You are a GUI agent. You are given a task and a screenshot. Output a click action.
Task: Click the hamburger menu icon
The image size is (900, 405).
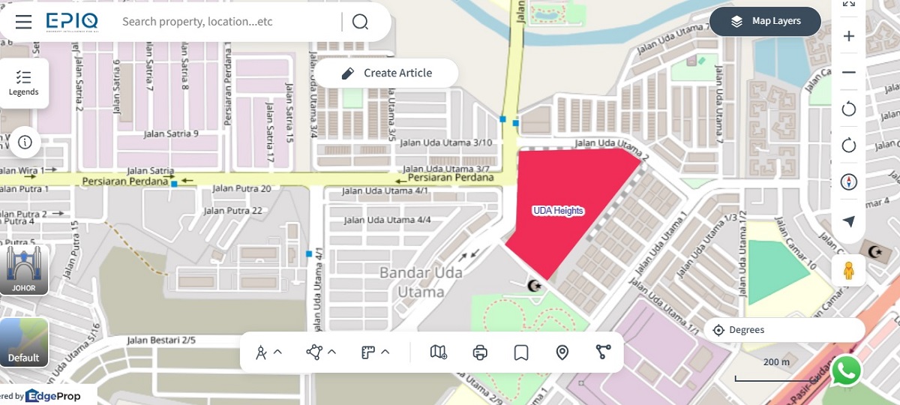(23, 21)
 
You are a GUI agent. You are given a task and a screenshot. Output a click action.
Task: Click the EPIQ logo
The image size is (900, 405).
(71, 21)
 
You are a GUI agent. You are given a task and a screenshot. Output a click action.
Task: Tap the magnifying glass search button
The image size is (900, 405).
(360, 21)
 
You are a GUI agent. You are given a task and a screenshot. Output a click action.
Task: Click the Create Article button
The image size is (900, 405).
(386, 73)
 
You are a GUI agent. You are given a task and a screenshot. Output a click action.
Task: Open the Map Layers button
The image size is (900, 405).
(765, 21)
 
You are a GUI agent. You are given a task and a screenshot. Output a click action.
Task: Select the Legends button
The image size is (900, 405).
(24, 82)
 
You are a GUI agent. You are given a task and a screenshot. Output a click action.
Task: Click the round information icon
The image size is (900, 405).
(25, 142)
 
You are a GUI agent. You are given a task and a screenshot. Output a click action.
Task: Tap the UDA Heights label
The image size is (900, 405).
(558, 211)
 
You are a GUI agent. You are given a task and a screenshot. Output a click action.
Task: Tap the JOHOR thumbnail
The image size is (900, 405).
(24, 269)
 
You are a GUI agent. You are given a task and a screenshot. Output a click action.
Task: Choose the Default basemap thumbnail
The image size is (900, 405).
(24, 343)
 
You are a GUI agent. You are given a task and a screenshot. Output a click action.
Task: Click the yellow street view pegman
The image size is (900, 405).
(849, 270)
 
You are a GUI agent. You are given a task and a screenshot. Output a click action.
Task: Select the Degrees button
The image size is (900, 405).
(784, 330)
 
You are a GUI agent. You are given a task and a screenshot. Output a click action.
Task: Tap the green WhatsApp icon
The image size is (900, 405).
(847, 370)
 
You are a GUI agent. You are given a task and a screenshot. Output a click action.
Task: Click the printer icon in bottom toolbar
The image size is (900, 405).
(481, 352)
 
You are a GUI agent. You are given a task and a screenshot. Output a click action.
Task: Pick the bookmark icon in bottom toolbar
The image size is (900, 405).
(521, 352)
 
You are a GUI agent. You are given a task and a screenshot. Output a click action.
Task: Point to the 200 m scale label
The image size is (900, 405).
(776, 362)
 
